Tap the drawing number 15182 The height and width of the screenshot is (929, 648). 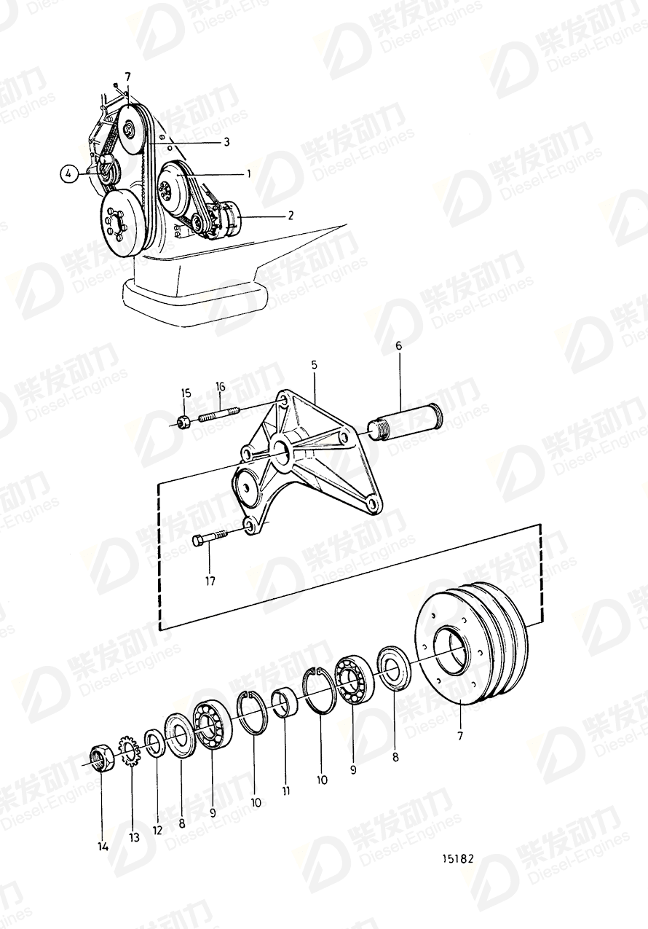click(x=457, y=858)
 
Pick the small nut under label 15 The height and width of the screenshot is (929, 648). click(x=184, y=420)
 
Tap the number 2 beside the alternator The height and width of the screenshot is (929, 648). click(x=290, y=216)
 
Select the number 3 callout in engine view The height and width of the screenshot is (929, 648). click(x=226, y=143)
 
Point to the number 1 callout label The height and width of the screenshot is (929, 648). click(x=248, y=174)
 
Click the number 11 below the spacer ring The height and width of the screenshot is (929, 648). click(x=286, y=791)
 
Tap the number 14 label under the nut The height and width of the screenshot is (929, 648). click(x=103, y=846)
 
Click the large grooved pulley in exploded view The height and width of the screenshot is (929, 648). click(x=471, y=644)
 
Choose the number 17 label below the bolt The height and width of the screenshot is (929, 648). click(x=210, y=581)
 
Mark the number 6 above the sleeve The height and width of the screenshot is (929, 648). click(x=398, y=347)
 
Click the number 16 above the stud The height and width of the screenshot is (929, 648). click(x=221, y=386)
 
